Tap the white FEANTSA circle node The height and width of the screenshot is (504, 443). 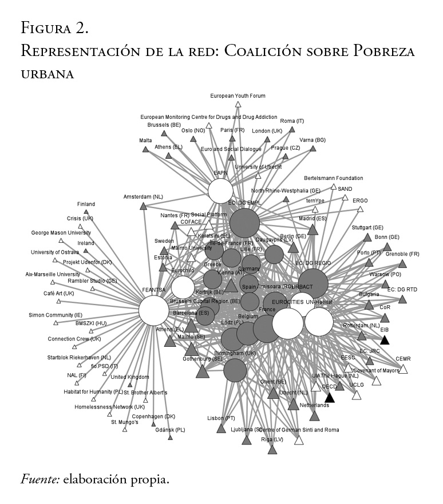click(x=154, y=311)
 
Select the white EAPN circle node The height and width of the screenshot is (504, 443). click(x=221, y=191)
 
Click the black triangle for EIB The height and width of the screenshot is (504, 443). click(x=385, y=340)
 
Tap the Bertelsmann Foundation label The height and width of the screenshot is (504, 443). click(x=333, y=178)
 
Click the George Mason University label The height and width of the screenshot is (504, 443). click(x=61, y=233)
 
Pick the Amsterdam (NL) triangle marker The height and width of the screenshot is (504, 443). click(x=144, y=206)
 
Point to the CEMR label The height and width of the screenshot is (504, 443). click(x=403, y=359)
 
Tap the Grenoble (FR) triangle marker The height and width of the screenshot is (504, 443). click(x=402, y=263)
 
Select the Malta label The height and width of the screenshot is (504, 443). click(x=145, y=140)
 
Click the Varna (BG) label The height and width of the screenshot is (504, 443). click(x=313, y=139)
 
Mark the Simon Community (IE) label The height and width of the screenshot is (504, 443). click(x=56, y=315)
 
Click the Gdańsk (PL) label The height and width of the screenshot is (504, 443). click(x=170, y=430)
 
